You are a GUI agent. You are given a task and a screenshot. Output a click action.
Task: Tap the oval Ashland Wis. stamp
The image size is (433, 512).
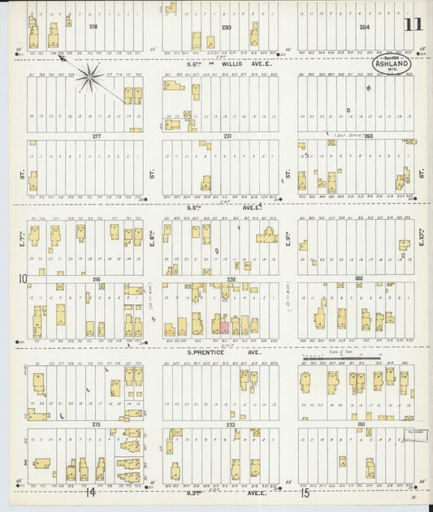coord(392,64)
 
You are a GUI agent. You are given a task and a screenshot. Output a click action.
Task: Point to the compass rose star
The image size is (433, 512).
coord(89,78)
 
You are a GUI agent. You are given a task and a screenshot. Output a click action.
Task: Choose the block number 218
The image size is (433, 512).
coord(93,27)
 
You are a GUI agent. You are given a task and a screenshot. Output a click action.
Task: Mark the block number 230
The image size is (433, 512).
coord(227,27)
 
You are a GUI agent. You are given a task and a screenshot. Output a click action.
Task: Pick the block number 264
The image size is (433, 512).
coord(366,27)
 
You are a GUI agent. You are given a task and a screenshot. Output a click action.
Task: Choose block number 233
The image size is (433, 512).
coord(230,424)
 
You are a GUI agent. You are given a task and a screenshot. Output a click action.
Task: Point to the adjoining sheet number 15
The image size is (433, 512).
coord(305,492)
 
